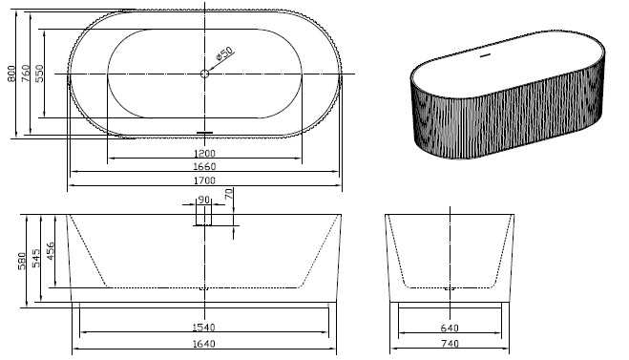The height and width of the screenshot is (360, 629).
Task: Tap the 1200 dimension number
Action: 204,153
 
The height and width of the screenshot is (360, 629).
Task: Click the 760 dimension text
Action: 27,74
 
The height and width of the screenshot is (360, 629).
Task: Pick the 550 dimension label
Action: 40,74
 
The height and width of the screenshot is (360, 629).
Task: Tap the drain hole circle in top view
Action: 204,74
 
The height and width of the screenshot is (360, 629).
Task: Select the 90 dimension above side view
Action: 203,201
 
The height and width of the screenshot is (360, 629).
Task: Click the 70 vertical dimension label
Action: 229,194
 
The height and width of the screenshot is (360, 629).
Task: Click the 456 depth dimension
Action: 51,250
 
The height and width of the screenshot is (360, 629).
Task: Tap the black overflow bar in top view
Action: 204,132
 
